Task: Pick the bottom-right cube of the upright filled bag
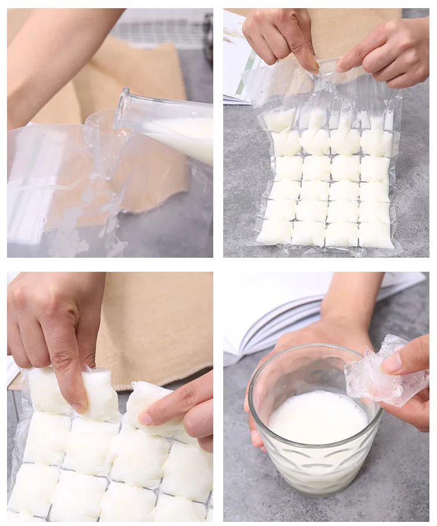(376, 234)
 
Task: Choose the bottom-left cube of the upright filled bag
(274, 232)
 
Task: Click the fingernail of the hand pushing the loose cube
(145, 418)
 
